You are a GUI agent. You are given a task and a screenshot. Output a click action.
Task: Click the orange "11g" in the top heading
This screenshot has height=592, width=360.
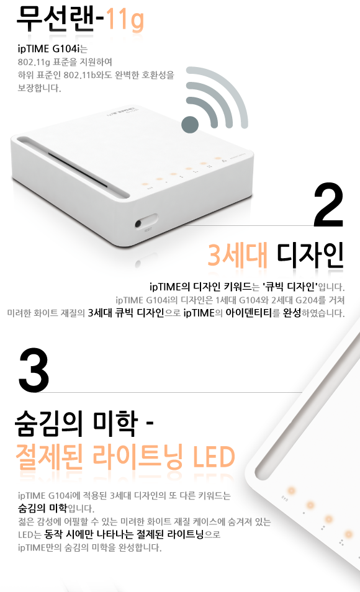pyautogui.click(x=125, y=20)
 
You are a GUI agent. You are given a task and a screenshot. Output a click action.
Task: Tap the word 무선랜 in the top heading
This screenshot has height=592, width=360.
pyautogui.click(x=55, y=18)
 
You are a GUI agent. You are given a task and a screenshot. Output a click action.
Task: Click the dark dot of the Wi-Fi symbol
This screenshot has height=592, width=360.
pyautogui.click(x=190, y=124)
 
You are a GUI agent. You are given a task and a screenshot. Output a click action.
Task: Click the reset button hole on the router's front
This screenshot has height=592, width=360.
pyautogui.click(x=138, y=224)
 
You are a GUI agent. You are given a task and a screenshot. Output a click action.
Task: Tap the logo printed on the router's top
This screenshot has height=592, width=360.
pyautogui.click(x=122, y=112)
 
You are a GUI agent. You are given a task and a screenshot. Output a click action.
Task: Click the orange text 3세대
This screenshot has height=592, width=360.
pyautogui.click(x=238, y=255)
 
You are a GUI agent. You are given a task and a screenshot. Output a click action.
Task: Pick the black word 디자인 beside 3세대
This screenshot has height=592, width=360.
pyautogui.click(x=310, y=255)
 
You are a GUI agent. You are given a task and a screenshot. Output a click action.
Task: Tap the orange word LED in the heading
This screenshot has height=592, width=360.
pyautogui.click(x=214, y=457)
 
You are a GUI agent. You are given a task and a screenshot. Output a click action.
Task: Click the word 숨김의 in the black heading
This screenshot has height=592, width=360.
pyautogui.click(x=49, y=423)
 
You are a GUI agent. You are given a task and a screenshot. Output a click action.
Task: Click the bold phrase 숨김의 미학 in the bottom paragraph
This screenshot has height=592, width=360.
pyautogui.click(x=42, y=508)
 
